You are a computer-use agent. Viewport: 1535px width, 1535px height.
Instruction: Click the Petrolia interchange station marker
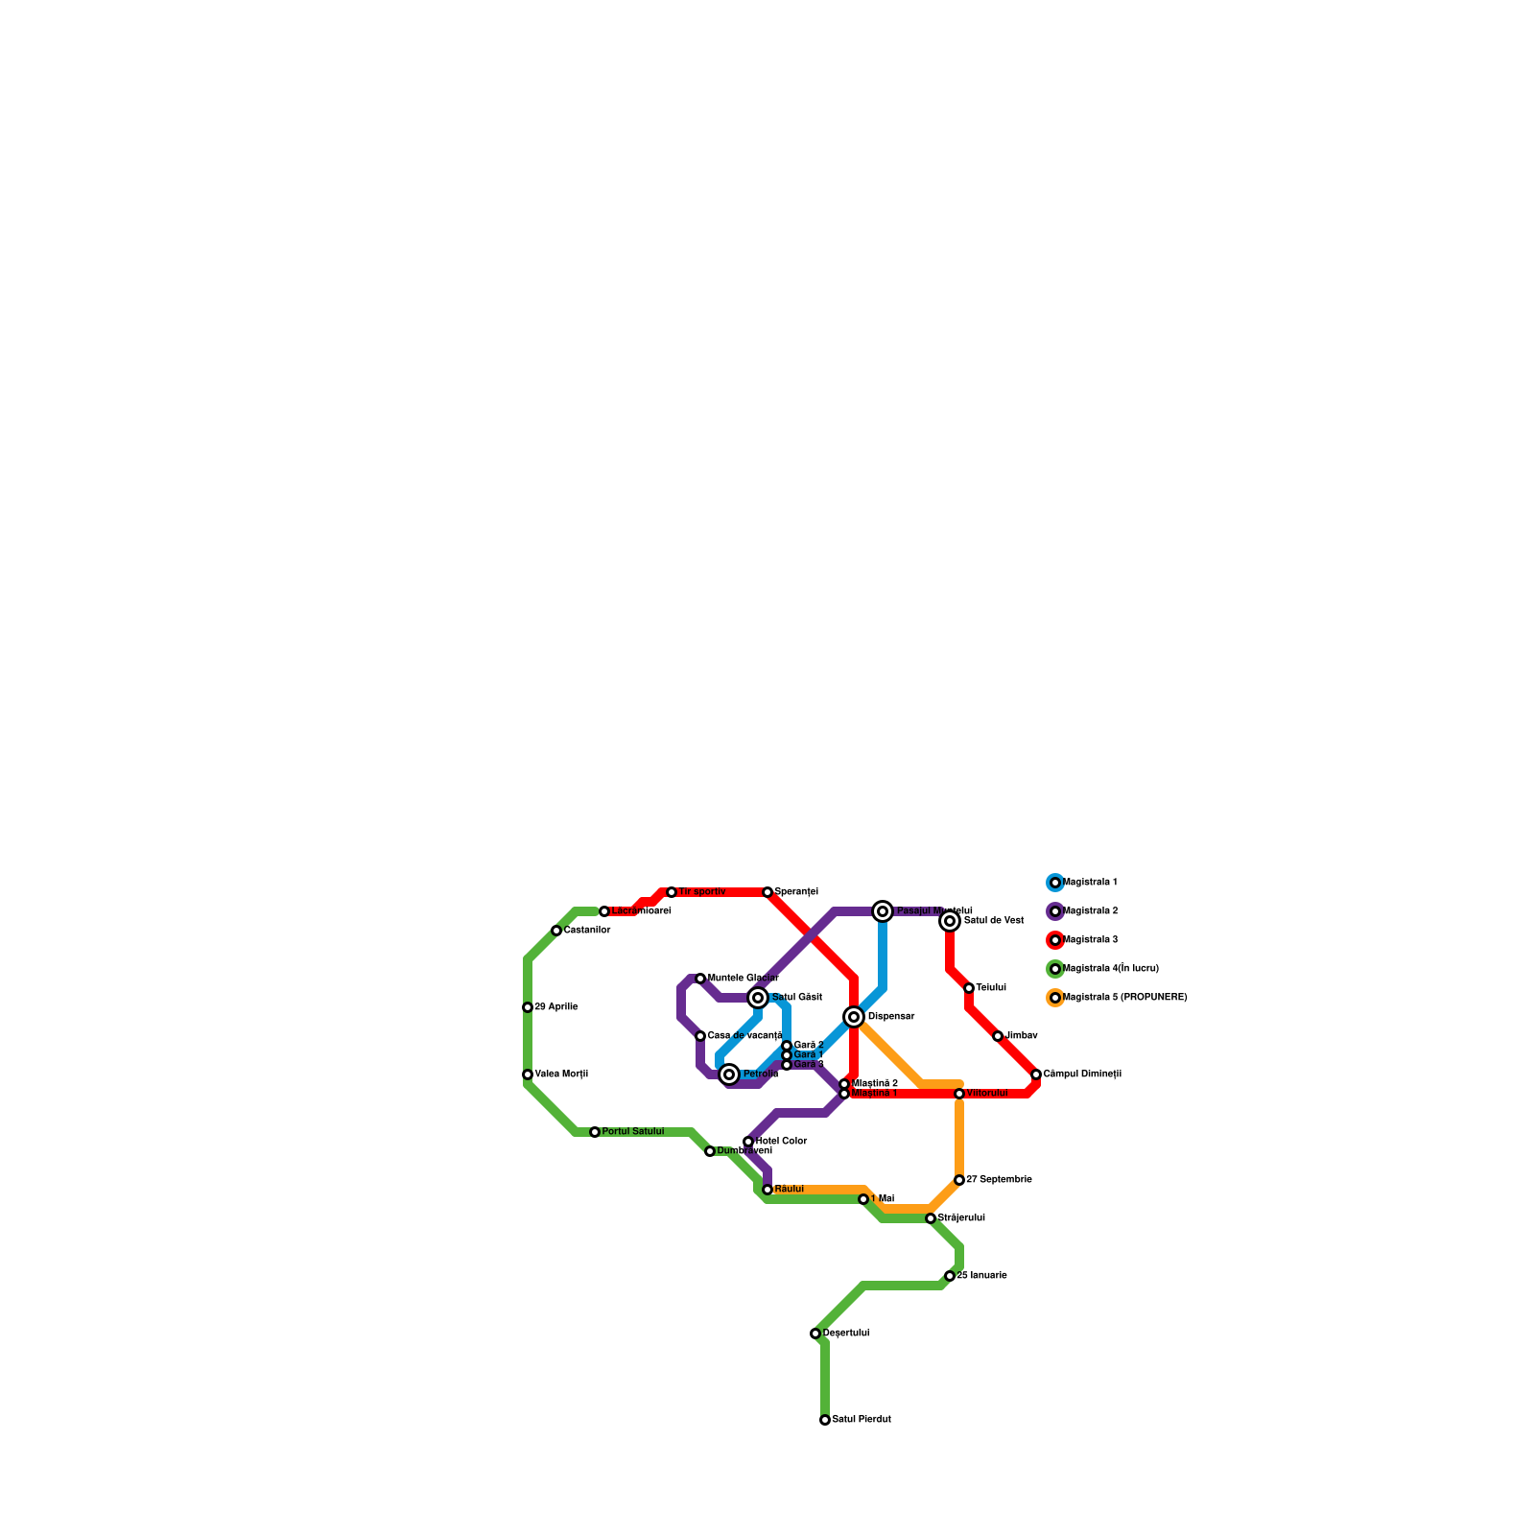729,1074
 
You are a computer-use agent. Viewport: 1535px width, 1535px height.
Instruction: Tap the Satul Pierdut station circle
825,1420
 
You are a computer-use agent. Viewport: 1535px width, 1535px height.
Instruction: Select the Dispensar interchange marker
854,1017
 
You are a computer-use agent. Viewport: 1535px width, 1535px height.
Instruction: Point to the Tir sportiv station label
701,892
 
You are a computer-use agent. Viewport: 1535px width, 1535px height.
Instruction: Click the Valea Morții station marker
528,1074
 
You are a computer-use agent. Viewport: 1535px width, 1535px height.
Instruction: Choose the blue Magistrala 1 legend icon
1055,883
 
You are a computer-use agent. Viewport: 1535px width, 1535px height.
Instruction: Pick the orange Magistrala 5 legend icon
1055,998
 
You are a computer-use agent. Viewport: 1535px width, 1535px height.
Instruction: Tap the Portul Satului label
632,1132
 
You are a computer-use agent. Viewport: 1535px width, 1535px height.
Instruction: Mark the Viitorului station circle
959,1094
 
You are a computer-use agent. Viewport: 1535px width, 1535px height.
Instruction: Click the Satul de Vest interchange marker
950,921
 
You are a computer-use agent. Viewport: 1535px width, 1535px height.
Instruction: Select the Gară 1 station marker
787,1055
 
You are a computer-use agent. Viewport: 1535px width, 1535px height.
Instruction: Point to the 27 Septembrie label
999,1180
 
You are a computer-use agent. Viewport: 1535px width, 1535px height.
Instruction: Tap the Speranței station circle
767,892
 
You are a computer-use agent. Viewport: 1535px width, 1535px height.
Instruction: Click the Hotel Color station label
781,1142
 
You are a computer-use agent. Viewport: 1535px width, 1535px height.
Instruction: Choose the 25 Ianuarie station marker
950,1276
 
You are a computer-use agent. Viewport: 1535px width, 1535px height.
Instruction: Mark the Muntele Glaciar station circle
700,979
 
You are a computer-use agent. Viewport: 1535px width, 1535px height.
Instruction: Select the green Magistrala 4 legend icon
1055,969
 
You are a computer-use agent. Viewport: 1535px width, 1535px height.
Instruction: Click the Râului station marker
767,1190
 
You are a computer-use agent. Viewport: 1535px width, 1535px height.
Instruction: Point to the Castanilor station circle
556,931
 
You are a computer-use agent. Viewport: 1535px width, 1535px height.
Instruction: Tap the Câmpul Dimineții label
1082,1074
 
